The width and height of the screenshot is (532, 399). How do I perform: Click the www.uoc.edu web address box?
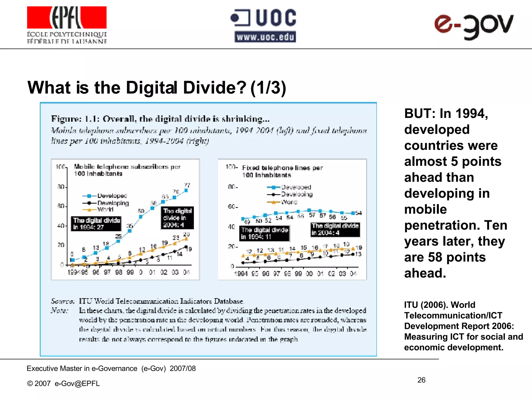point(265,37)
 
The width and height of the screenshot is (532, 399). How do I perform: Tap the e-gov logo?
point(474,26)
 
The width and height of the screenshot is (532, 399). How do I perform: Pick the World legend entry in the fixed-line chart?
point(289,202)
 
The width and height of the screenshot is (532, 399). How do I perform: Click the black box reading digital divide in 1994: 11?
point(264,233)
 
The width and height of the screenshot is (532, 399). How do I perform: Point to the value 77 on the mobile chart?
point(187,185)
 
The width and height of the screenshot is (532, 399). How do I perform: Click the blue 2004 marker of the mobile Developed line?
point(186,191)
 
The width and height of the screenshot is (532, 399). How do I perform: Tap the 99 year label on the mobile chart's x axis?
point(130,272)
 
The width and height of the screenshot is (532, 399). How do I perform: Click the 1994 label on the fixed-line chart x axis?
point(241,274)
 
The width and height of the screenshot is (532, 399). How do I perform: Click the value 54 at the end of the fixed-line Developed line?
point(359,213)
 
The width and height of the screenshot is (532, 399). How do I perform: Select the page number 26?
point(421,380)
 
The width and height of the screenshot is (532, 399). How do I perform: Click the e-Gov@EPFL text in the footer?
point(77,383)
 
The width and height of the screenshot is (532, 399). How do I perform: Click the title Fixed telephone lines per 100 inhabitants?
point(282,171)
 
